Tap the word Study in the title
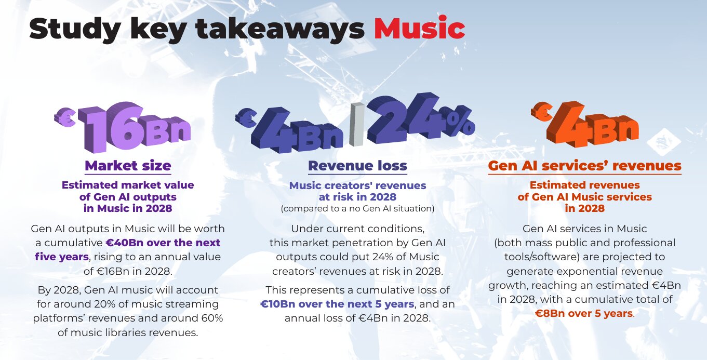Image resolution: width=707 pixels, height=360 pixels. pyautogui.click(x=75, y=30)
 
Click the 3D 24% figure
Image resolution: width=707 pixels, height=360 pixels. pyautogui.click(x=421, y=118)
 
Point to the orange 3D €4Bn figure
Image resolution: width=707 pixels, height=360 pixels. pyautogui.click(x=585, y=124)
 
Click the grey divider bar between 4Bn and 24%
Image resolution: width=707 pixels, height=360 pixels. pyautogui.click(x=357, y=124)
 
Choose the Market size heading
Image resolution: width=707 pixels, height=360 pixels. pyautogui.click(x=128, y=166)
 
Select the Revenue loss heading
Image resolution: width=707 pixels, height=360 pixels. pyautogui.click(x=357, y=166)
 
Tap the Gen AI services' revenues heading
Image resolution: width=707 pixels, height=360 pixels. pyautogui.click(x=585, y=166)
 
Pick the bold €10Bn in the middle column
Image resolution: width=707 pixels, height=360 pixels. pyautogui.click(x=278, y=304)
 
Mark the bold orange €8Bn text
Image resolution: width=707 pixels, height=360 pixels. pyautogui.click(x=549, y=313)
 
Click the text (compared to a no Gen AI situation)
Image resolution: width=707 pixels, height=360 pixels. pyautogui.click(x=357, y=208)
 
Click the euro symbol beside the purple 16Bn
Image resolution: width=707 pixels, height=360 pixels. pyautogui.click(x=65, y=117)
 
